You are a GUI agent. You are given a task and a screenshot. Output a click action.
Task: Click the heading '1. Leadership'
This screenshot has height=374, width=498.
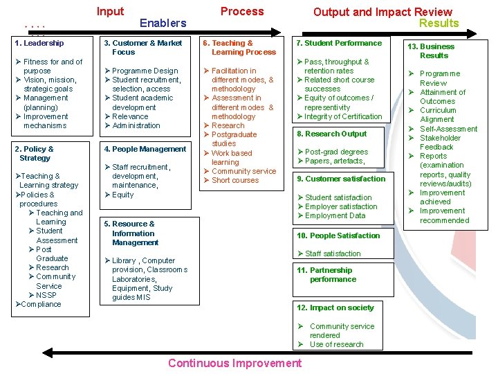tap(39, 43)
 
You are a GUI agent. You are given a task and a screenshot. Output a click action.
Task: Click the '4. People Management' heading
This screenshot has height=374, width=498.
tap(145, 149)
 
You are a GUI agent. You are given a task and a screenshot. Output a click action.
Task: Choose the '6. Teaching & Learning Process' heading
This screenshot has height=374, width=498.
tap(239, 47)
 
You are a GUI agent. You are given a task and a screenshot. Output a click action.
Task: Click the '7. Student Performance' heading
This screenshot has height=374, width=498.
tap(339, 43)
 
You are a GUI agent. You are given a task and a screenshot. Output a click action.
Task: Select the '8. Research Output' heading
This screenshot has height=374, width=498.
tap(332, 134)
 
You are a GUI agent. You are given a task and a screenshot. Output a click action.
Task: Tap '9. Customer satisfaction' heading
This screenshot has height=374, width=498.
tap(341, 179)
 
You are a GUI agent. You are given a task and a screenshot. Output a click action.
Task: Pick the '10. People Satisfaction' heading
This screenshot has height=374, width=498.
tap(338, 235)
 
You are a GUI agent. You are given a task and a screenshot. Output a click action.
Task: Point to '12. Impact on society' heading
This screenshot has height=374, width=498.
tap(335, 308)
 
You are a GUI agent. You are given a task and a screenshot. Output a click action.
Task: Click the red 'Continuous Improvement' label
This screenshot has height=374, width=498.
tap(234, 364)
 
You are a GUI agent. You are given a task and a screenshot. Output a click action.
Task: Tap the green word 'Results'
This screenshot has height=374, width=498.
tap(439, 23)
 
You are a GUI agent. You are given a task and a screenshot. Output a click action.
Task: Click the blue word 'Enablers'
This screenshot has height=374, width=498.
tap(163, 23)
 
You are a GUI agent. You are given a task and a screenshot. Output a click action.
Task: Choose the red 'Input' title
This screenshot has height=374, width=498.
tap(111, 11)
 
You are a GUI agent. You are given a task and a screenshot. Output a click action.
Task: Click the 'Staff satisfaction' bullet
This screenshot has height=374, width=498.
tap(333, 254)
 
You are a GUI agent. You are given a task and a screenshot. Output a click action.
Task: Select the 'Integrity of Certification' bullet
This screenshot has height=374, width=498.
tap(343, 116)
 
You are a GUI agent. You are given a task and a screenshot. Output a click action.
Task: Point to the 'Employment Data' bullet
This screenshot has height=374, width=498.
tap(335, 215)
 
